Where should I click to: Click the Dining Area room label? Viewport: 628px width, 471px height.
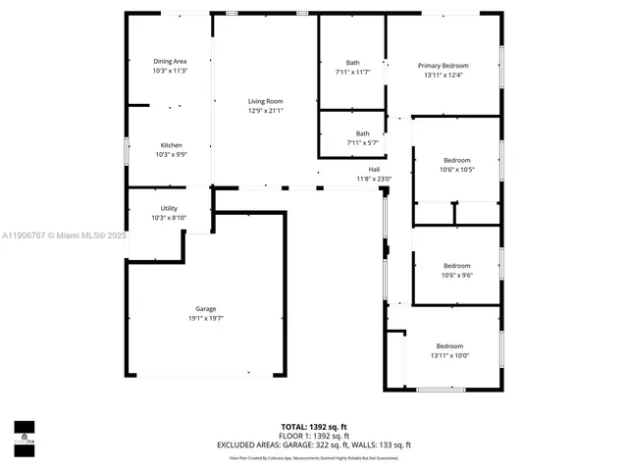(x=170, y=62)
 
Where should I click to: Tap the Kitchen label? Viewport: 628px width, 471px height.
(x=171, y=145)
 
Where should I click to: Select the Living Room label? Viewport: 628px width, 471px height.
(x=265, y=101)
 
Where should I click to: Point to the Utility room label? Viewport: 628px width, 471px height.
(x=169, y=208)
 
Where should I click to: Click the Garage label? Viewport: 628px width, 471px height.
(x=206, y=308)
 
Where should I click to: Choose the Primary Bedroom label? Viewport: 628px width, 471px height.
(x=444, y=66)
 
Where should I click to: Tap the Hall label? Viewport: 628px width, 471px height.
(x=374, y=169)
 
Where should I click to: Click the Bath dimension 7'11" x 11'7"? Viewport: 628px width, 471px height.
(x=353, y=72)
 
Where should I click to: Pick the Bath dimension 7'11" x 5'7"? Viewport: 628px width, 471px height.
(x=362, y=143)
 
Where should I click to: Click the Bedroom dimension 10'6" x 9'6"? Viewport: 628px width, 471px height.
(x=456, y=275)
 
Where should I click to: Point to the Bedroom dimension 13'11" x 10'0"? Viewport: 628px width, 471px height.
(x=449, y=355)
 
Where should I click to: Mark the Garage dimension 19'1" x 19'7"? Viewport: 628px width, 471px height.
(x=206, y=318)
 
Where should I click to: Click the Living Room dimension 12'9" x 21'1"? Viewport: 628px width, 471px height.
(x=265, y=111)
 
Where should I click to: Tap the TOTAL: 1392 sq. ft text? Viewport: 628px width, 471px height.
(x=313, y=427)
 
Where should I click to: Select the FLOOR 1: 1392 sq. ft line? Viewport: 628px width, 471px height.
(x=313, y=436)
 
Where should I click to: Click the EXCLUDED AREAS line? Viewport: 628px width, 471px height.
(x=313, y=445)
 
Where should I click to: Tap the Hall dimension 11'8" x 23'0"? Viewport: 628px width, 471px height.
(x=374, y=179)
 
